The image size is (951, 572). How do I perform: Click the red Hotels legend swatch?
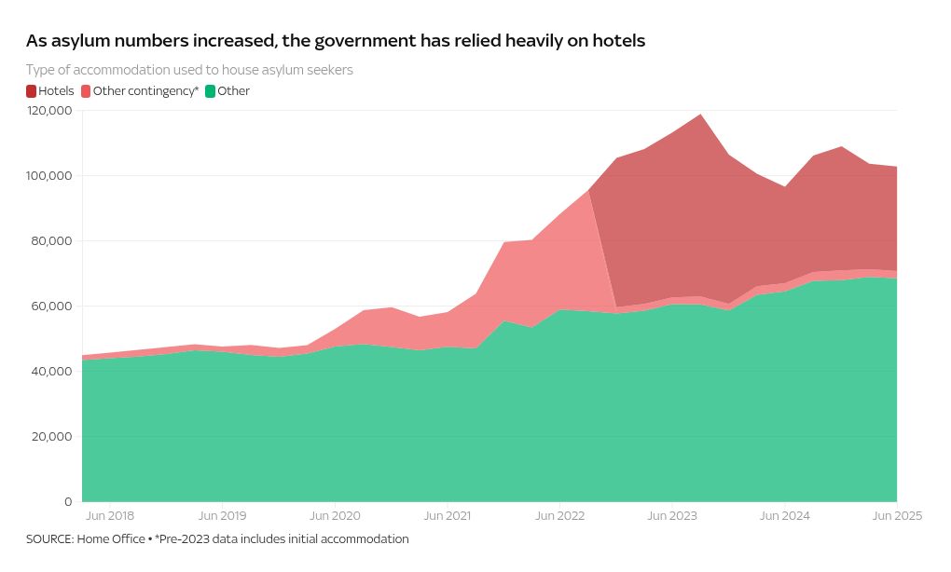pyautogui.click(x=32, y=91)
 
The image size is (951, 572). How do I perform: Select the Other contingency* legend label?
pyautogui.click(x=145, y=91)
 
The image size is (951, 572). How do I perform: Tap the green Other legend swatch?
pyautogui.click(x=211, y=91)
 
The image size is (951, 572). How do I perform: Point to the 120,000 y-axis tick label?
pyautogui.click(x=49, y=111)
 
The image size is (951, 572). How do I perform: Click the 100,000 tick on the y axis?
pyautogui.click(x=49, y=176)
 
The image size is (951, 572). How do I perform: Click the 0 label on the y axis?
pyautogui.click(x=68, y=502)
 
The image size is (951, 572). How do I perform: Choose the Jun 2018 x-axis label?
pyautogui.click(x=109, y=515)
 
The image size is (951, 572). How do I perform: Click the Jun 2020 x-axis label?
pyautogui.click(x=335, y=515)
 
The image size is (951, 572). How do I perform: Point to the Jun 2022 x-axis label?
pyautogui.click(x=558, y=515)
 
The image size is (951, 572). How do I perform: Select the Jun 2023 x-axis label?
pyautogui.click(x=671, y=515)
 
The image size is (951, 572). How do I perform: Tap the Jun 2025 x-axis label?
pyautogui.click(x=896, y=515)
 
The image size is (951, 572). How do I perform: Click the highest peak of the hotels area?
pyautogui.click(x=700, y=115)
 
